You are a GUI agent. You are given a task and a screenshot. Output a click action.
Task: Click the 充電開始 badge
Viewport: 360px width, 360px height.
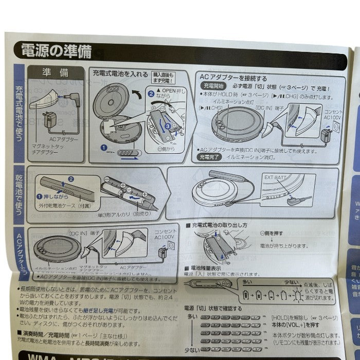click(x=212, y=86)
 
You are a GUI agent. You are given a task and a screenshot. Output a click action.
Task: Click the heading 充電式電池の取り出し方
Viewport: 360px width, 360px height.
click(x=219, y=225)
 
